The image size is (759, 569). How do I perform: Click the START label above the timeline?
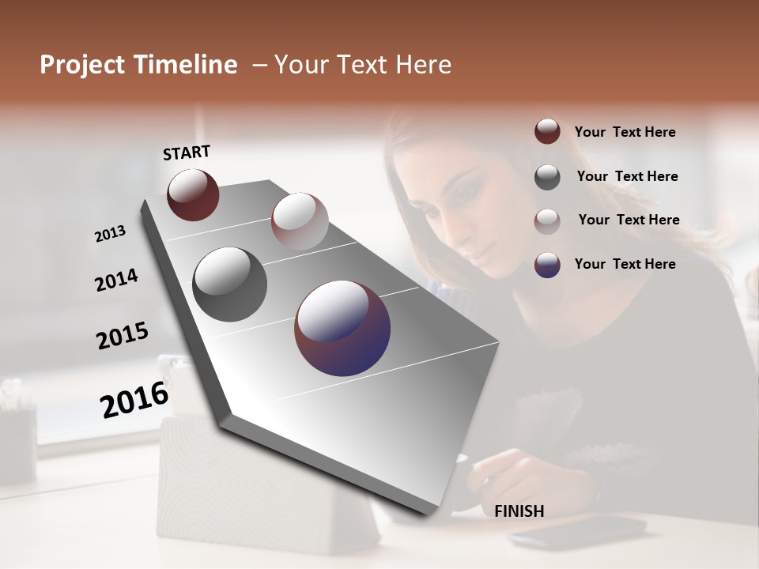(187, 153)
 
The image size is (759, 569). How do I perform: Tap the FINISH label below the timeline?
(519, 511)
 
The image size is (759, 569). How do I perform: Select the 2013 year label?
(110, 234)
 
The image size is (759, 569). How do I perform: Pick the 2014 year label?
(116, 281)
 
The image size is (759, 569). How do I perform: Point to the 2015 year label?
(123, 336)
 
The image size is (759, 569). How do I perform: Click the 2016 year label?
(134, 400)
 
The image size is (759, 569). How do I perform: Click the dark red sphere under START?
(193, 195)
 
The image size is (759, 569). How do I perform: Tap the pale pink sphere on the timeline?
(300, 220)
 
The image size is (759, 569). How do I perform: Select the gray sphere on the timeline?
(229, 284)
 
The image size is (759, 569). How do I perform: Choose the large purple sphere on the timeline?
(342, 328)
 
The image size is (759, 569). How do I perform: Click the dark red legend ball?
(547, 132)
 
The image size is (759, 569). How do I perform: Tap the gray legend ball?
(547, 176)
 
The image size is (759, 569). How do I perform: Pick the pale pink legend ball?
(547, 220)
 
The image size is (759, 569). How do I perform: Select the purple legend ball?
(547, 264)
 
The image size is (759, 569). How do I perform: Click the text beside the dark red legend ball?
(625, 133)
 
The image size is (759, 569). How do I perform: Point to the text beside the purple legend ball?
(625, 264)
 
